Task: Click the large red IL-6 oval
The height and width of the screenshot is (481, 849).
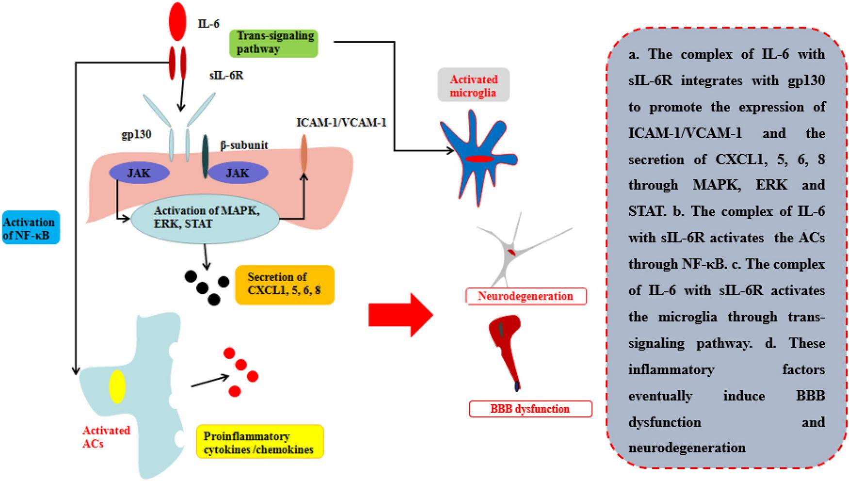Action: [178, 21]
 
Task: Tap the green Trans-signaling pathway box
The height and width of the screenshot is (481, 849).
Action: [274, 43]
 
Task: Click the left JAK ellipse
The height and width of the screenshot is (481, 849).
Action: [139, 173]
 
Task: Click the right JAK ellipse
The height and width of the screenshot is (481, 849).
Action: [238, 173]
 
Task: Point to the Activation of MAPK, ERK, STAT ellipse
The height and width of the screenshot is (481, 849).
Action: [206, 218]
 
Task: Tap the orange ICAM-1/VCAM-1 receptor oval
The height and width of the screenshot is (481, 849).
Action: [304, 153]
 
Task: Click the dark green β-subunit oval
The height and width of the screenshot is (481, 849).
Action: [205, 156]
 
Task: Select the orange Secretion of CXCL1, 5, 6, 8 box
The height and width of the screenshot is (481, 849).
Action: [284, 284]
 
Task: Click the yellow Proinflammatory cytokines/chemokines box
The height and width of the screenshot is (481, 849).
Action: [260, 442]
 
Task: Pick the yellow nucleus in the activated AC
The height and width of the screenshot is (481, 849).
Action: [117, 386]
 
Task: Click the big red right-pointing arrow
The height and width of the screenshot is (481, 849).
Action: [400, 315]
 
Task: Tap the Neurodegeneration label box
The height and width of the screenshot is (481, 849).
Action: [525, 296]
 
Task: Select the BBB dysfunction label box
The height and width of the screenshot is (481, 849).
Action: [530, 409]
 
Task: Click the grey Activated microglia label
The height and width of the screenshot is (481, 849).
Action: [473, 86]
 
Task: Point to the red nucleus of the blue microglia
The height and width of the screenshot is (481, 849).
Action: [479, 159]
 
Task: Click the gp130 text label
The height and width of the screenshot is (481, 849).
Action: [136, 134]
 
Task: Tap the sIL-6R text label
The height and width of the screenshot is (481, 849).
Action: [226, 76]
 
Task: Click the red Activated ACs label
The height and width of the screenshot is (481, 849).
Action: [106, 436]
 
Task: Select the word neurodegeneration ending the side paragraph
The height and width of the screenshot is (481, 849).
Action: [686, 448]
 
